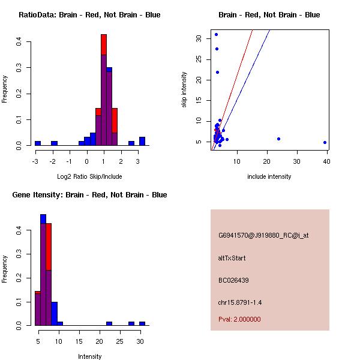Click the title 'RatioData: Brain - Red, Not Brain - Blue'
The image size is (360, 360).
89,15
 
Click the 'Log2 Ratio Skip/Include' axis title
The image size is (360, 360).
89,176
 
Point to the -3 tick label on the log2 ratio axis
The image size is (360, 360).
35,162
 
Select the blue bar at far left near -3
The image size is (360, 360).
38,143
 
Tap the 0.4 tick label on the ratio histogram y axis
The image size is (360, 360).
19,41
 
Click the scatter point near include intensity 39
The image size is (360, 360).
325,143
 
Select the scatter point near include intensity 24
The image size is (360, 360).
279,139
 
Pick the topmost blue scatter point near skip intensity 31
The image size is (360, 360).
216,34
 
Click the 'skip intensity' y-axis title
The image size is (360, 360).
184,90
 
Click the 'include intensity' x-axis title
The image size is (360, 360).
269,176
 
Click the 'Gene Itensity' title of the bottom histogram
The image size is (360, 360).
89,195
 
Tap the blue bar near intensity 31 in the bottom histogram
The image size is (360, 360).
142,323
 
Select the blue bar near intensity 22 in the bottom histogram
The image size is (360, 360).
109,323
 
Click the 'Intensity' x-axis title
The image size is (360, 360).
89,356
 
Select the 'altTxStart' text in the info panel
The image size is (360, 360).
232,258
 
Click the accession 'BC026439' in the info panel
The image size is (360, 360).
233,280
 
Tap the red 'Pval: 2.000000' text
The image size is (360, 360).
239,319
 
